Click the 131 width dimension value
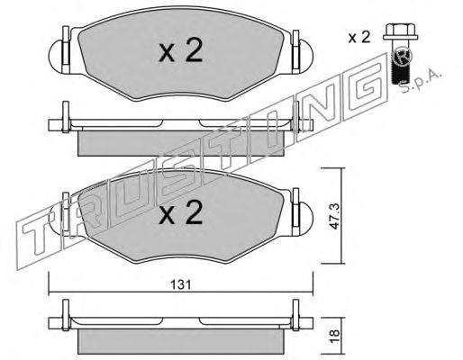point(180,284)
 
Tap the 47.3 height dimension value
point(334,216)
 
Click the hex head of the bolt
point(400,31)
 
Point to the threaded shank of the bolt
point(402,65)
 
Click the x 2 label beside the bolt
point(359,38)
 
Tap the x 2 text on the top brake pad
point(181,50)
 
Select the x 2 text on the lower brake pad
point(181,212)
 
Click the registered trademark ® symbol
point(403,57)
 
